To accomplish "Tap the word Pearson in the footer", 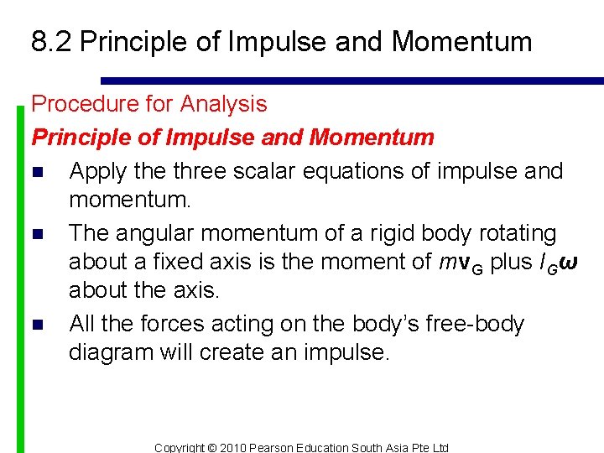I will pyautogui.click(x=281, y=447).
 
